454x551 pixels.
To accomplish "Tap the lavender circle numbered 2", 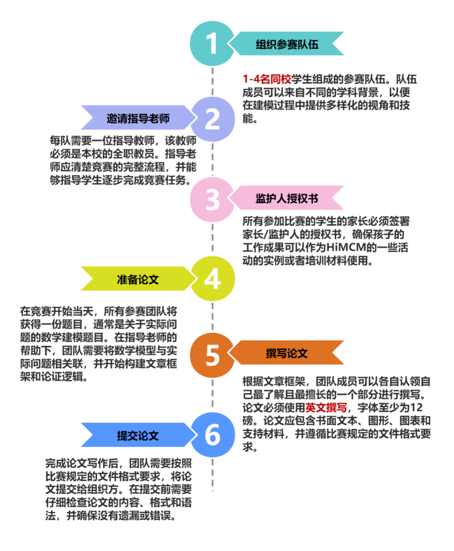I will point(212,119).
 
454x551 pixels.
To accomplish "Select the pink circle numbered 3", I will point(212,199).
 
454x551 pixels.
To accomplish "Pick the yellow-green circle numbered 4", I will point(212,279).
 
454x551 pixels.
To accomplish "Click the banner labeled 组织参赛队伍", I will point(288,44).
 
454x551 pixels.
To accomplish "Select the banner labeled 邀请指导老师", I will point(137,118).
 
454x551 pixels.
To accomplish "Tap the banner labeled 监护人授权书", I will point(288,198).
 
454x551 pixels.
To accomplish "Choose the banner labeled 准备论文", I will point(137,279).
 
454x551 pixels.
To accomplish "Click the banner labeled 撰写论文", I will point(288,353).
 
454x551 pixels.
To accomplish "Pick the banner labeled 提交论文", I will point(137,435).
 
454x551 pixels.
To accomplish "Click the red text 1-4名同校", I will point(267,79).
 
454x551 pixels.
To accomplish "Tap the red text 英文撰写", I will point(326,407).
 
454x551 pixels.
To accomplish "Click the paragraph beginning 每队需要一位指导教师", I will point(123,160).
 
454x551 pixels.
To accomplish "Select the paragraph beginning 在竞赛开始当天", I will point(99,344).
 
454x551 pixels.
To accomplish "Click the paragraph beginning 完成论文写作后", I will point(119,490).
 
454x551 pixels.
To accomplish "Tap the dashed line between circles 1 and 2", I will point(213,82).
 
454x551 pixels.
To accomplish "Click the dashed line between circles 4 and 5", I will point(213,317).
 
